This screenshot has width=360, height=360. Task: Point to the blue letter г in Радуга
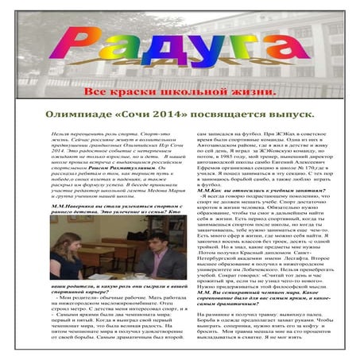(x=242, y=46)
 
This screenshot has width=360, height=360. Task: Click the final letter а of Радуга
(x=278, y=45)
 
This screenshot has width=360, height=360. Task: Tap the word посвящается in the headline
(x=234, y=114)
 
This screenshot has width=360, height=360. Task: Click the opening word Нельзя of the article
(x=59, y=136)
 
